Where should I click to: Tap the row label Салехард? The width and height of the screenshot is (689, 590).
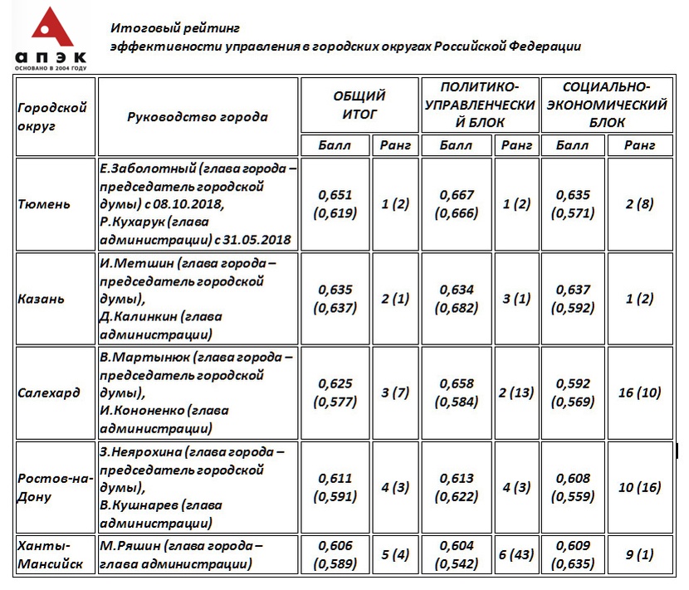pyautogui.click(x=48, y=393)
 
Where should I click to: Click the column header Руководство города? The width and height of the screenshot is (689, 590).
pyautogui.click(x=198, y=116)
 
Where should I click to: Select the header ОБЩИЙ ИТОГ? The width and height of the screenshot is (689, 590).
pyautogui.click(x=359, y=105)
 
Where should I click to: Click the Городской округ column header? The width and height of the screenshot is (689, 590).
pyautogui.click(x=51, y=116)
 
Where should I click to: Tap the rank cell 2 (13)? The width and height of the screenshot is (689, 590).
pyautogui.click(x=516, y=393)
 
